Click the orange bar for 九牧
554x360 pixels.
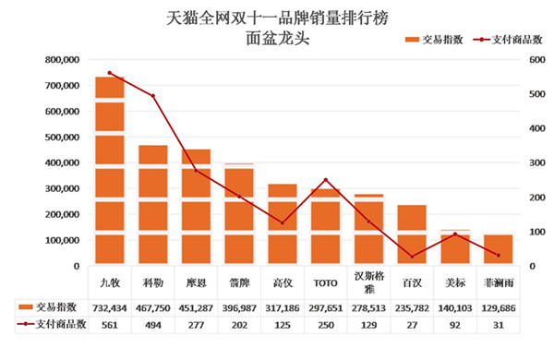[x=110, y=171]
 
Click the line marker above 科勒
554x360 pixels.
[x=153, y=95]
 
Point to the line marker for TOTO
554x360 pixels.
[x=325, y=180]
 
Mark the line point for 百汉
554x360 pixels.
[x=412, y=256]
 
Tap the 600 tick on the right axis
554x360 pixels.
[x=536, y=60]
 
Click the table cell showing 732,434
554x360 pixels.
[x=110, y=306]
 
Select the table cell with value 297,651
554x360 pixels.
[x=325, y=306]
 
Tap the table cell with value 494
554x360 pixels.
[x=153, y=324]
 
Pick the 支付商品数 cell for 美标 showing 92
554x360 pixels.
[x=454, y=324]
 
